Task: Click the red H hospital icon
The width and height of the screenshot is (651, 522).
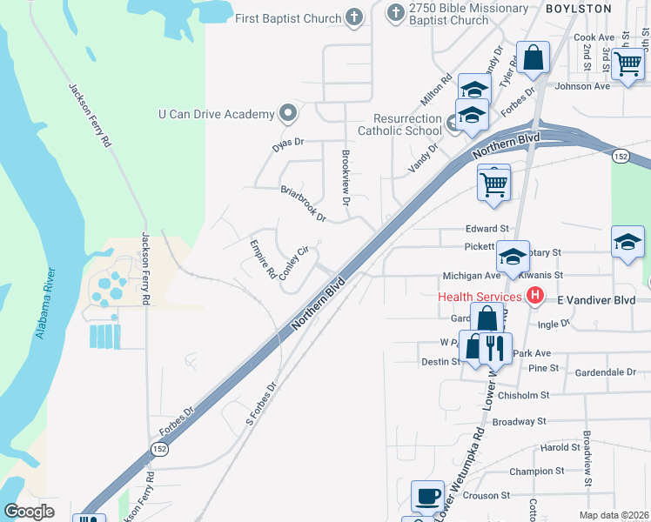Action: coord(536,297)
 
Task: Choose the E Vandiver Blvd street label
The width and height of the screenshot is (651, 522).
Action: coord(596,299)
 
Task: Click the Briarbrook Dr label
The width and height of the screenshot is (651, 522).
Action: coord(302,203)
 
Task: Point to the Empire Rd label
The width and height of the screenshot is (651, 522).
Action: coord(263,259)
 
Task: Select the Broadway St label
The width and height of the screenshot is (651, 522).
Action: coord(518,421)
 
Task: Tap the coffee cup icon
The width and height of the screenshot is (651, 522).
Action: coord(426,496)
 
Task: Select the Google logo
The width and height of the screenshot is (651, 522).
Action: coord(29,512)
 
